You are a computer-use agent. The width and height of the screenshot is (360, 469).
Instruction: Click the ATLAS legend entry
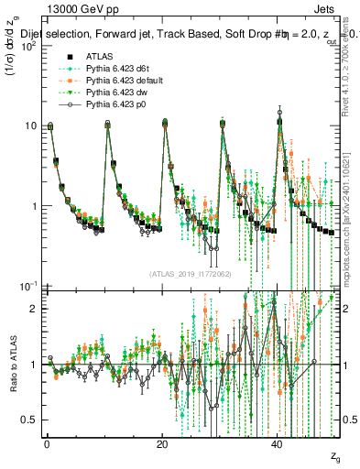click(x=99, y=57)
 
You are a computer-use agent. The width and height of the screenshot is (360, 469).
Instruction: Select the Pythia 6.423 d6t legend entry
click(x=115, y=69)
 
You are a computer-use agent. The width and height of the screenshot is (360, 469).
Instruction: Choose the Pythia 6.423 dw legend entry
click(x=115, y=93)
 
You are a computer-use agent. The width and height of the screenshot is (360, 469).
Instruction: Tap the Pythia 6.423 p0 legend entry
click(x=114, y=106)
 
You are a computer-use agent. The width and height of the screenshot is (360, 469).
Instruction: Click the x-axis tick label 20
click(x=162, y=444)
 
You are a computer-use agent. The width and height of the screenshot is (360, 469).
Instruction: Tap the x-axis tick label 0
click(x=47, y=444)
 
